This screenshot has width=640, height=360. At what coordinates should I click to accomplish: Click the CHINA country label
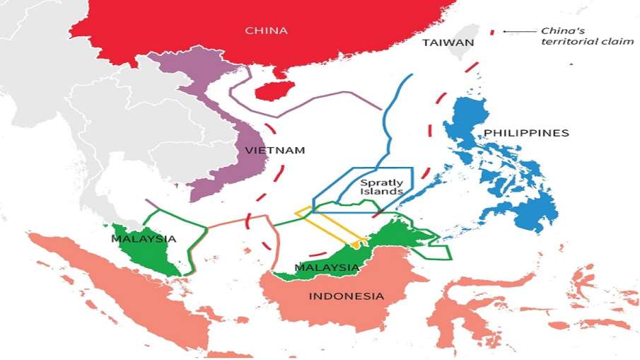(x=266, y=30)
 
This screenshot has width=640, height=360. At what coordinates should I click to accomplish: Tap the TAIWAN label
(x=448, y=43)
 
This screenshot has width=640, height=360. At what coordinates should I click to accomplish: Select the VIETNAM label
(x=275, y=151)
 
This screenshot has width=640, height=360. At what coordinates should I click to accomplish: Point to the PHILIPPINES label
(x=526, y=133)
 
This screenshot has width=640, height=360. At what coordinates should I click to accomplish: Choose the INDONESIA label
(x=347, y=296)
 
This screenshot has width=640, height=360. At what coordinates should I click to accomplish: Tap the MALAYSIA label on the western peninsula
(x=144, y=239)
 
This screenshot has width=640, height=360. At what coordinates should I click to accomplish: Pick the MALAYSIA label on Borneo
(x=327, y=267)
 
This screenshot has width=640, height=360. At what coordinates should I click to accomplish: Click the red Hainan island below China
(x=269, y=91)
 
